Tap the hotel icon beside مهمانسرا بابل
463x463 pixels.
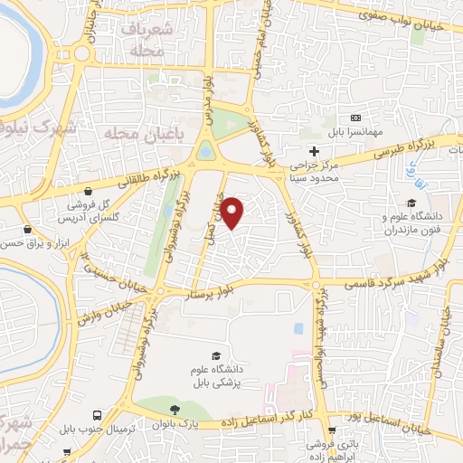click(x=355, y=118)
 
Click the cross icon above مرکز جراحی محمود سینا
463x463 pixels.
click(x=314, y=150)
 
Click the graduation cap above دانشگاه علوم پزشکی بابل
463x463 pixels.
click(x=215, y=355)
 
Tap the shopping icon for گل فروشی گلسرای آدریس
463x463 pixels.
click(x=90, y=192)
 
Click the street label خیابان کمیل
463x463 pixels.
click(x=218, y=215)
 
